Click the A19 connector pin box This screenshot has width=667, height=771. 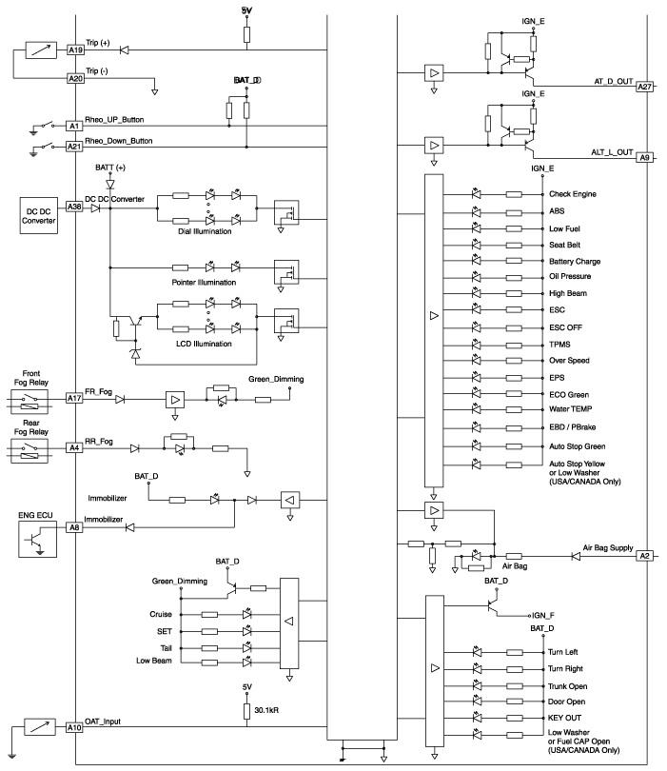(x=75, y=50)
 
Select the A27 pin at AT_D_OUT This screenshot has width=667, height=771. (x=644, y=87)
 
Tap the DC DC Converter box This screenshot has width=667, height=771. (x=39, y=216)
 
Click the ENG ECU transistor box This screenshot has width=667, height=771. (x=37, y=540)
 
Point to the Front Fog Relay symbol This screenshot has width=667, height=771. (x=29, y=402)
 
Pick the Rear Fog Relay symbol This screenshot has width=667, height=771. (x=29, y=451)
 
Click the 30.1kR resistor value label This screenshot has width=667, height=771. (x=267, y=710)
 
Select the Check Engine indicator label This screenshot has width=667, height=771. (x=573, y=194)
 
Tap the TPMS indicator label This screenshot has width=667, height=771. (x=559, y=345)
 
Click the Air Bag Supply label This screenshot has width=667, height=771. (x=608, y=547)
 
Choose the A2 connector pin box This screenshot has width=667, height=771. (x=644, y=556)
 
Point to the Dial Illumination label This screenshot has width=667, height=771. (x=205, y=231)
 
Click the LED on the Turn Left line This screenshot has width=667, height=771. (x=477, y=652)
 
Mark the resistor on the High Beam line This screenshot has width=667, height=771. (x=514, y=293)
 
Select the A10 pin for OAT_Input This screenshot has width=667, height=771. (x=74, y=727)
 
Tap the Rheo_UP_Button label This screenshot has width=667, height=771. (x=114, y=120)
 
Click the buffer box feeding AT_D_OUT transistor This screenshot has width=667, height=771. (x=434, y=73)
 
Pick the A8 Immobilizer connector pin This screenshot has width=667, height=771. (x=74, y=527)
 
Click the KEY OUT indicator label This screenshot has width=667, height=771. (x=565, y=718)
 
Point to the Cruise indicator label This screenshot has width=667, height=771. (x=161, y=614)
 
